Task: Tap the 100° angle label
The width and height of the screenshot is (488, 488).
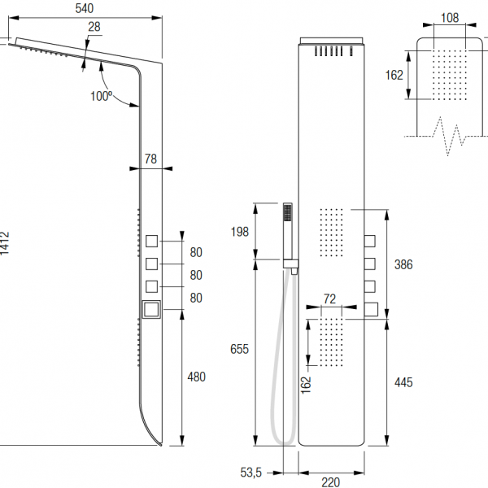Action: pyautogui.click(x=101, y=97)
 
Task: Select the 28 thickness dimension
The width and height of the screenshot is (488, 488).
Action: pyautogui.click(x=94, y=28)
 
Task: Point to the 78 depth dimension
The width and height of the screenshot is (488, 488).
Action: pyautogui.click(x=150, y=159)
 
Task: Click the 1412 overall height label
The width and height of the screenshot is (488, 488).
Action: pyautogui.click(x=5, y=244)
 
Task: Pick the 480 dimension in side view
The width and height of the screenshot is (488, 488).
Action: pyautogui.click(x=196, y=377)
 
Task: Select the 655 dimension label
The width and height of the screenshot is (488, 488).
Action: pyautogui.click(x=239, y=349)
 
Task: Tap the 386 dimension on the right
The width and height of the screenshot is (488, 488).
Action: pyautogui.click(x=403, y=264)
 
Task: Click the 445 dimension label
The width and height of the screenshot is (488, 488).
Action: pyautogui.click(x=403, y=381)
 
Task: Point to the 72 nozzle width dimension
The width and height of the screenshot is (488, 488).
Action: pyautogui.click(x=329, y=299)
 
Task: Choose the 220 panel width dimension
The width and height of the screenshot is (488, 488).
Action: pyautogui.click(x=330, y=482)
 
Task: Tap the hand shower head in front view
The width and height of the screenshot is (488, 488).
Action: pyautogui.click(x=287, y=214)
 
